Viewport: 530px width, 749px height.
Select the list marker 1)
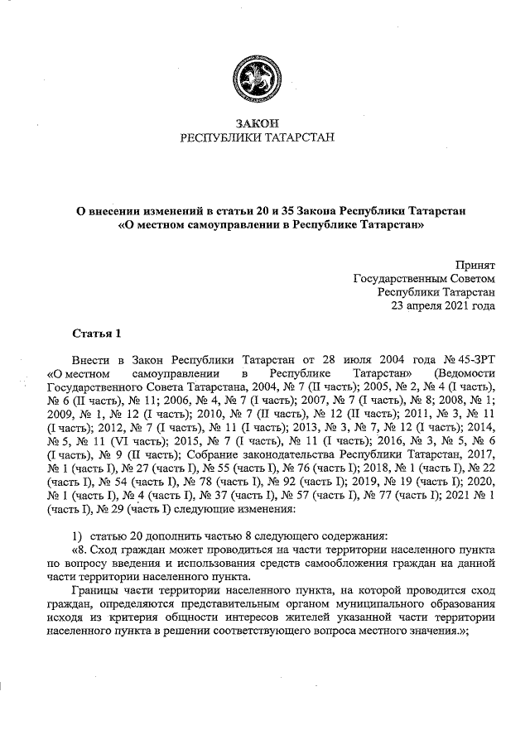[x=77, y=535]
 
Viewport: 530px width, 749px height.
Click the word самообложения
[x=350, y=563]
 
